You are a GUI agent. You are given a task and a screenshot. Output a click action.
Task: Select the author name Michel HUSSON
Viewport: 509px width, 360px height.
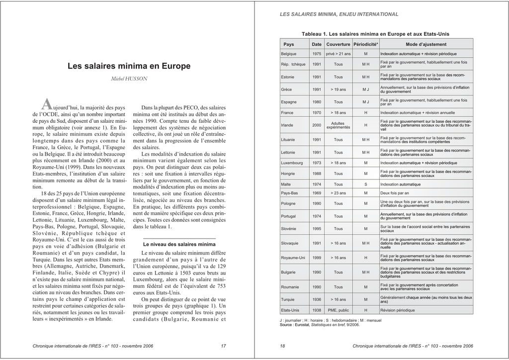pos(129,79)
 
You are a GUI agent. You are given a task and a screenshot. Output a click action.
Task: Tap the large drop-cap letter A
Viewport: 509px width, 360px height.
pos(46,104)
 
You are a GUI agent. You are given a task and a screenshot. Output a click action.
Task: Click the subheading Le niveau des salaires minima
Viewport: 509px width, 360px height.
pos(179,245)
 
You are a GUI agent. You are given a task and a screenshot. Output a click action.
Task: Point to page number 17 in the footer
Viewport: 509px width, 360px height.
pos(223,346)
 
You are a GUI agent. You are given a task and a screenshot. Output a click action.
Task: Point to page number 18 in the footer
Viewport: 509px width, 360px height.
pos(282,346)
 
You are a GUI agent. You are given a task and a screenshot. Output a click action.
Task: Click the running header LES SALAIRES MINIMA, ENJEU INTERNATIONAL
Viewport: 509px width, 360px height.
pos(339,14)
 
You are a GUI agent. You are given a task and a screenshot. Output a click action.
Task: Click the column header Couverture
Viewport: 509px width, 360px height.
pos(338,45)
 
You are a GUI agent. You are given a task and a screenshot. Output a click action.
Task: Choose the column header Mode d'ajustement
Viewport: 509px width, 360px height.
pos(426,45)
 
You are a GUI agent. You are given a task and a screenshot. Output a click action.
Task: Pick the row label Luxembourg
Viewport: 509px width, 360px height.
pos(292,163)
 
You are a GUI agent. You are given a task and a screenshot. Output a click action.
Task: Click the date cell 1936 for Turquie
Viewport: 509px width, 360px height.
pos(317,299)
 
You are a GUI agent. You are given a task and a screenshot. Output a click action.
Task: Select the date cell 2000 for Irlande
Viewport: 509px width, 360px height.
pos(317,125)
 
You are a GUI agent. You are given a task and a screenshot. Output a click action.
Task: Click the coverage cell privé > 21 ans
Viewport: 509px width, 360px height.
pos(338,54)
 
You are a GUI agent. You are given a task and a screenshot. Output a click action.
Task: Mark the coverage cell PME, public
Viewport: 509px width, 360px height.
pos(338,310)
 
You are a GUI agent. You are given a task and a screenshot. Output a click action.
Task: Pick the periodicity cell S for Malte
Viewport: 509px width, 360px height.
pos(365,184)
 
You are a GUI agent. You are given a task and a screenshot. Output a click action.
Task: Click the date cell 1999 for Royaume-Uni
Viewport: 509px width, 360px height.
pos(317,258)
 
